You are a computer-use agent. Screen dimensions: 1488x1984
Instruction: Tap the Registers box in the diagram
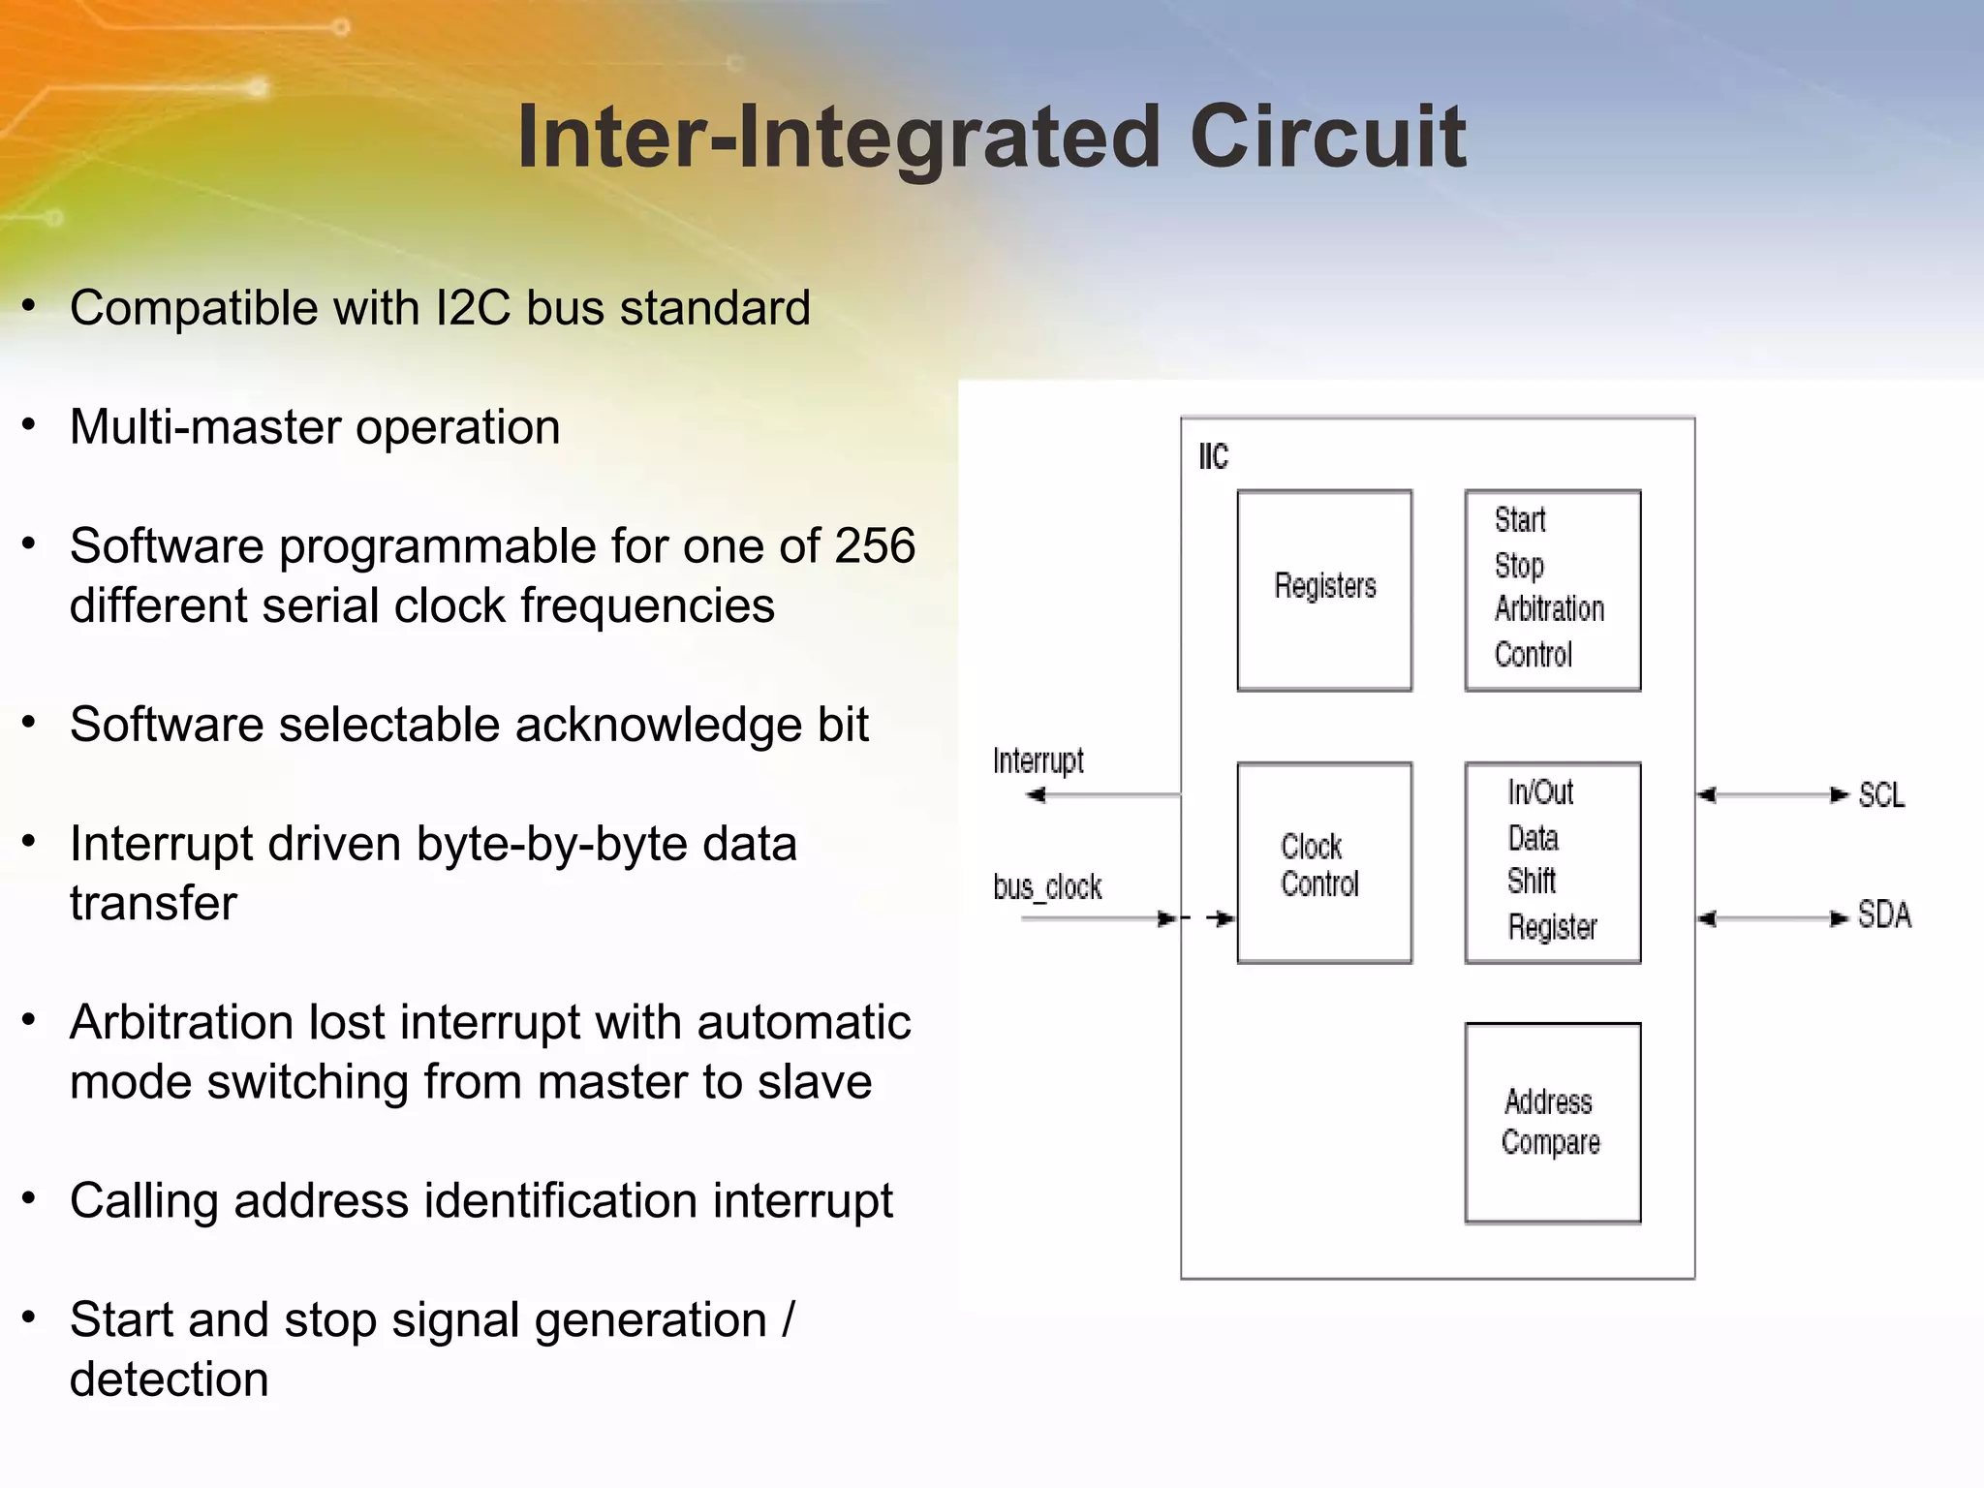pyautogui.click(x=1324, y=589)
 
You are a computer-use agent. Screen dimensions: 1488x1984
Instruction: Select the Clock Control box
pyautogui.click(x=1324, y=862)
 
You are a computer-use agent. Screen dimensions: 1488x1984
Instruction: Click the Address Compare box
pyautogui.click(x=1552, y=1123)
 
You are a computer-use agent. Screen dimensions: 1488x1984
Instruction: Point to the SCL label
pyautogui.click(x=1881, y=795)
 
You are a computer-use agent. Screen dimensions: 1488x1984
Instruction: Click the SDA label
pyautogui.click(x=1884, y=915)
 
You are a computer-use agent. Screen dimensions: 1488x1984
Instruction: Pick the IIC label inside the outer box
pyautogui.click(x=1213, y=456)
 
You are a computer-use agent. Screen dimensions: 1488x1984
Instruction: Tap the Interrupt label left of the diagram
pyautogui.click(x=1038, y=761)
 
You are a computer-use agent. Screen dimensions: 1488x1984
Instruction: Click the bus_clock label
pyautogui.click(x=1047, y=887)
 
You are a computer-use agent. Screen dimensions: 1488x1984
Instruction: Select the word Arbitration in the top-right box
pyautogui.click(x=1549, y=609)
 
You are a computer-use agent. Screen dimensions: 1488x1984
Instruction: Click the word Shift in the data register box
pyautogui.click(x=1531, y=882)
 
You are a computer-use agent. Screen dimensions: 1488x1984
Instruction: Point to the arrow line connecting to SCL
pyautogui.click(x=1773, y=795)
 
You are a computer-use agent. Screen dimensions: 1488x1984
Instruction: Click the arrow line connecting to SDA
pyautogui.click(x=1773, y=918)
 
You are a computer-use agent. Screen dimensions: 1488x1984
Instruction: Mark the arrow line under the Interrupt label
pyautogui.click(x=1104, y=795)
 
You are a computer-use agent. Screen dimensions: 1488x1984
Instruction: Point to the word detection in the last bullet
pyautogui.click(x=169, y=1379)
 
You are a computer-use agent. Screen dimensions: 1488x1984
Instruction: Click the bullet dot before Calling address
pyautogui.click(x=29, y=1198)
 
